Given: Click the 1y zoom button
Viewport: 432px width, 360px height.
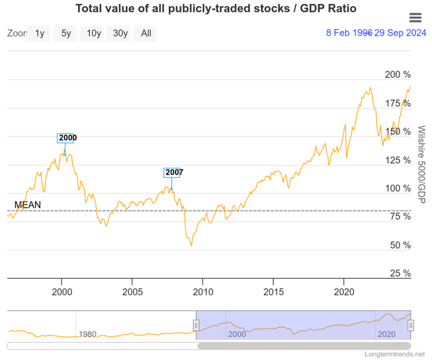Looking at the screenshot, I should point(40,34).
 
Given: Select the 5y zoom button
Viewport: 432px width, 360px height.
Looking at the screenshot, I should point(66,34).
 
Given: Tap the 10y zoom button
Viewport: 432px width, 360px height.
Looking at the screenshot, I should point(93,34).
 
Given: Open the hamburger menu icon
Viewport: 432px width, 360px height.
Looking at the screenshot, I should point(416,17).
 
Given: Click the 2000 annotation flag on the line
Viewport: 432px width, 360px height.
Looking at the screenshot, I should point(65,138).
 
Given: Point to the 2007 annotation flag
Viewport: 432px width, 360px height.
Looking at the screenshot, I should point(172,172).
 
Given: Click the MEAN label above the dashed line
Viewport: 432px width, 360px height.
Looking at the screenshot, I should point(28,205).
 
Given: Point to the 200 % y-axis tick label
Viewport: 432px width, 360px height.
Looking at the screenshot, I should point(397,75).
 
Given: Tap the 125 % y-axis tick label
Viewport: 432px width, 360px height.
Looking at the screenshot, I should point(397,160).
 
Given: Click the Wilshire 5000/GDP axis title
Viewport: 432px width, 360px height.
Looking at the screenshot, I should point(420,164).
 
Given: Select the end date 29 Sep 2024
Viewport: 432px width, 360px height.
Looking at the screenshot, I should point(400,33).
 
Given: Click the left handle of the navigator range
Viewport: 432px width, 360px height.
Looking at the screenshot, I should point(196,325).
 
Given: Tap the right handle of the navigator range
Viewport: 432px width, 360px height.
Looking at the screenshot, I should point(411,325).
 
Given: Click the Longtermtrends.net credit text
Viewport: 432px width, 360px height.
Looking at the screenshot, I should point(395,355).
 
